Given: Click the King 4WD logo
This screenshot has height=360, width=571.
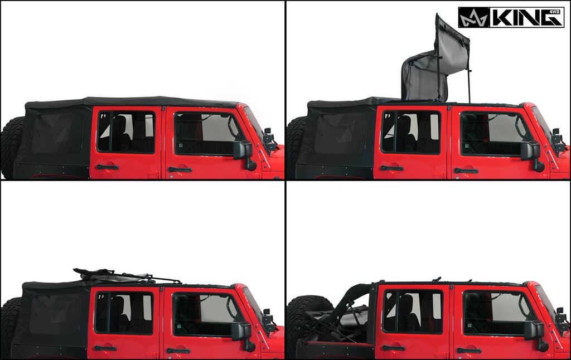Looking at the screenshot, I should pyautogui.click(x=511, y=17).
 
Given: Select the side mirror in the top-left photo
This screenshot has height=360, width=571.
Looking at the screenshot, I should pyautogui.click(x=244, y=150).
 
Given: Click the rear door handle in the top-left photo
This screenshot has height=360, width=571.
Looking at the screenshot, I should pyautogui.click(x=107, y=167).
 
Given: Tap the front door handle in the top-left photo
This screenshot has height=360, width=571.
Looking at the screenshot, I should pyautogui.click(x=180, y=169).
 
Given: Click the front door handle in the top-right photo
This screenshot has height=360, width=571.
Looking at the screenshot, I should pyautogui.click(x=466, y=171).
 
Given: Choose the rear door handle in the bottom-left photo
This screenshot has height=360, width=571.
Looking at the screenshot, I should pyautogui.click(x=105, y=348).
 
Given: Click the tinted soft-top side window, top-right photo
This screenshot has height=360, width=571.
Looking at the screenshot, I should pyautogui.click(x=340, y=134).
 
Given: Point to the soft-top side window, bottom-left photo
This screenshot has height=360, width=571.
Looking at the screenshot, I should pyautogui.click(x=55, y=314).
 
